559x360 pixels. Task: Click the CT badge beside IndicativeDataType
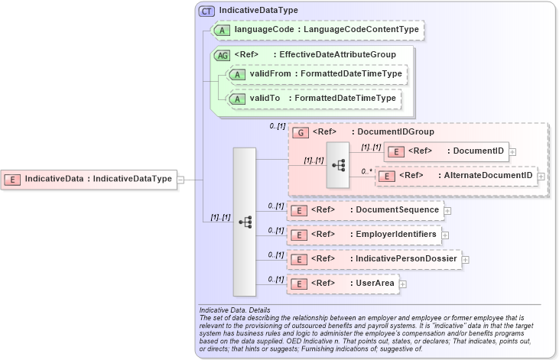[206, 11]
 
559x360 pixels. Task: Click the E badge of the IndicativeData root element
[13, 179]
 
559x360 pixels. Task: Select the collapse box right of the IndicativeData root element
[180, 179]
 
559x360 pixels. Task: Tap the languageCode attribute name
[266, 29]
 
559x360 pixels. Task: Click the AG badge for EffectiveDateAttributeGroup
[223, 55]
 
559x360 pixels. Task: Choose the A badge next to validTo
[238, 99]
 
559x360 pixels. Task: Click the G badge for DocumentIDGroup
[302, 132]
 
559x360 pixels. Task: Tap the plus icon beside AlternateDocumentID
[541, 176]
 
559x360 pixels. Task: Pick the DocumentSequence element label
[397, 209]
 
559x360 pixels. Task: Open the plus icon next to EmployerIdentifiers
[445, 235]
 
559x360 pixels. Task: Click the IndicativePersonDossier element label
[406, 259]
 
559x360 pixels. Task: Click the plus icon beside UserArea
[402, 284]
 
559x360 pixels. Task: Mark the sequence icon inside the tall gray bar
[245, 222]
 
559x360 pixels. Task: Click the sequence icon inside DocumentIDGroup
[337, 164]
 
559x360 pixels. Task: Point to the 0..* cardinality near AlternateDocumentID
[366, 172]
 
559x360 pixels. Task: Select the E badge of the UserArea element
[301, 284]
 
